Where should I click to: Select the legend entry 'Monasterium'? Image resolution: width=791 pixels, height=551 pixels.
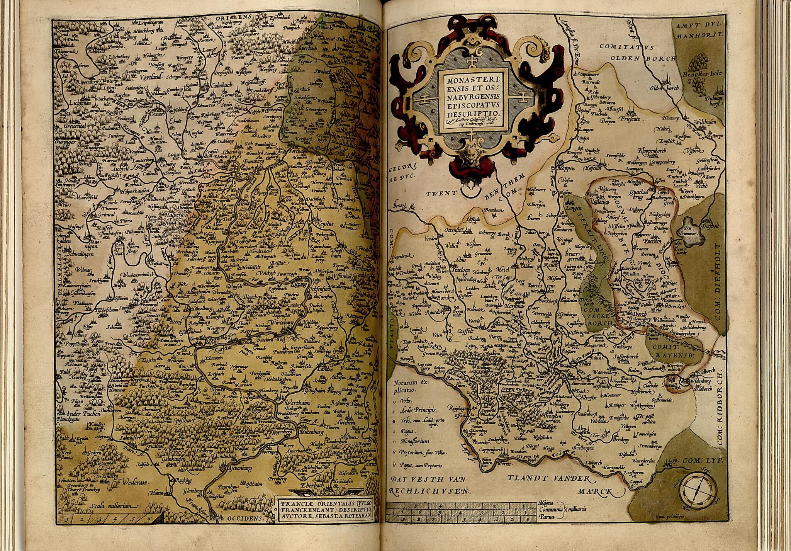click(x=415, y=441)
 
